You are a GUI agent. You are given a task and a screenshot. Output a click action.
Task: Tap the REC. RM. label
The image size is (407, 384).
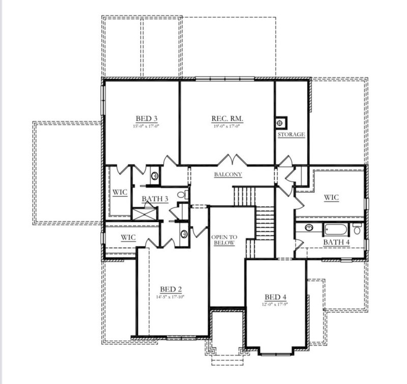coord(227,119)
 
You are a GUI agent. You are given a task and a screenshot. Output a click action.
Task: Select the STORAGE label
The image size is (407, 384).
coord(291,135)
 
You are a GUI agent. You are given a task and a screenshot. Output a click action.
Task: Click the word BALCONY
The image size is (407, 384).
coord(227,174)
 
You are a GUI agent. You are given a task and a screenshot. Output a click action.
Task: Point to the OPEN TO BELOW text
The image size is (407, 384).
coord(224,240)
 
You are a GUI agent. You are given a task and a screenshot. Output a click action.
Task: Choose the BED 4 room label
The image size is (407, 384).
coord(275,297)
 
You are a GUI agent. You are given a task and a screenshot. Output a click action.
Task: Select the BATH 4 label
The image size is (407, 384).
coord(336,242)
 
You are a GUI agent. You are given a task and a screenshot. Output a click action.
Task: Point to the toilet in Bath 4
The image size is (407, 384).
coord(357,229)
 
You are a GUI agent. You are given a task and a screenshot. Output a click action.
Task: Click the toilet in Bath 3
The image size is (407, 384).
coord(184,194)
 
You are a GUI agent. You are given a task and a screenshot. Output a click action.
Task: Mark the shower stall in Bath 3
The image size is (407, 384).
coord(145,211)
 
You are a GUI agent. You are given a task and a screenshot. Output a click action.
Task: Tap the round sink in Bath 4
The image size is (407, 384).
coord(306,228)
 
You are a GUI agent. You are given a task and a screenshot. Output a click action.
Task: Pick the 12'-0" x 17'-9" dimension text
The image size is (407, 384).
coord(275,305)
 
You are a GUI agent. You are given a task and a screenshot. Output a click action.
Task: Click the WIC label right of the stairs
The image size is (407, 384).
coord(331,197)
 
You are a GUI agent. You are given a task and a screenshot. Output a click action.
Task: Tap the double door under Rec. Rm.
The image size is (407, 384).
coord(234,160)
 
